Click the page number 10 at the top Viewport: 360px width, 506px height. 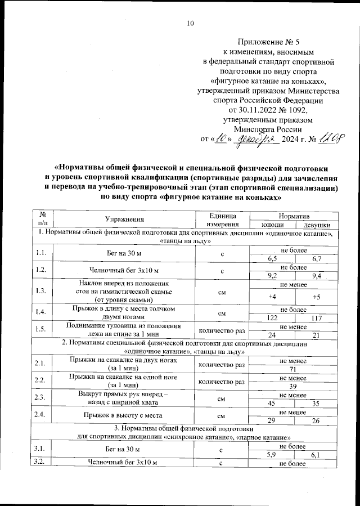pyautogui.click(x=190, y=23)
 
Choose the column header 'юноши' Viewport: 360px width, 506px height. pyautogui.click(x=273, y=225)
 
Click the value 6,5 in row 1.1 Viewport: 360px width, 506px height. pyautogui.click(x=272, y=258)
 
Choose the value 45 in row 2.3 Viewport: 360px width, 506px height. pyautogui.click(x=272, y=403)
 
